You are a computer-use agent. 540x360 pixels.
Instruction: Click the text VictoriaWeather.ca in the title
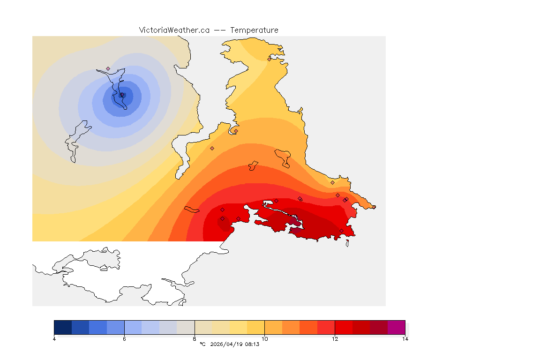pyautogui.click(x=174, y=30)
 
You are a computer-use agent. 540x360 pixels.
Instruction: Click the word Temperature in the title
pyautogui.click(x=254, y=30)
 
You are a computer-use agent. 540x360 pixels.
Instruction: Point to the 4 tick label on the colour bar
pyautogui.click(x=54, y=339)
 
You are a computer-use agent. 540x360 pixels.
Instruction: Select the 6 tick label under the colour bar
pyautogui.click(x=124, y=339)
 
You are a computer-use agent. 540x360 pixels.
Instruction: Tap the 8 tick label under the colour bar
pyautogui.click(x=195, y=339)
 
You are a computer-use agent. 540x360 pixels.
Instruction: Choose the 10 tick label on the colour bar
pyautogui.click(x=265, y=339)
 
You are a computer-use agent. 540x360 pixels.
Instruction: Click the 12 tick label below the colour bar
pyautogui.click(x=335, y=339)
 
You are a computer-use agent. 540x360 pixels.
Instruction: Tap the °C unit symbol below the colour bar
pyautogui.click(x=202, y=344)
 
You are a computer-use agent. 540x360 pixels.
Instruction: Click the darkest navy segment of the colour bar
pyautogui.click(x=63, y=327)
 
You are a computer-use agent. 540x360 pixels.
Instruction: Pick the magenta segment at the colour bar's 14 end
pyautogui.click(x=396, y=327)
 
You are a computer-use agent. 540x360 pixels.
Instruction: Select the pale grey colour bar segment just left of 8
pyautogui.click(x=186, y=327)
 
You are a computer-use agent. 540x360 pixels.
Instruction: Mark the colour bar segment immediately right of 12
pyautogui.click(x=344, y=327)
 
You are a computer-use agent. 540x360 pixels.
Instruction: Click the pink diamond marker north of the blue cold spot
pyautogui.click(x=108, y=68)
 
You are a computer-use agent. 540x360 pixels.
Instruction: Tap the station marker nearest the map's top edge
pyautogui.click(x=269, y=59)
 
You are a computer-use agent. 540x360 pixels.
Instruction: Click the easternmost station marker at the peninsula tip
pyautogui.click(x=374, y=207)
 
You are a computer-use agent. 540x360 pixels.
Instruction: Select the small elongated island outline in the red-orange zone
pyautogui.click(x=192, y=209)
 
